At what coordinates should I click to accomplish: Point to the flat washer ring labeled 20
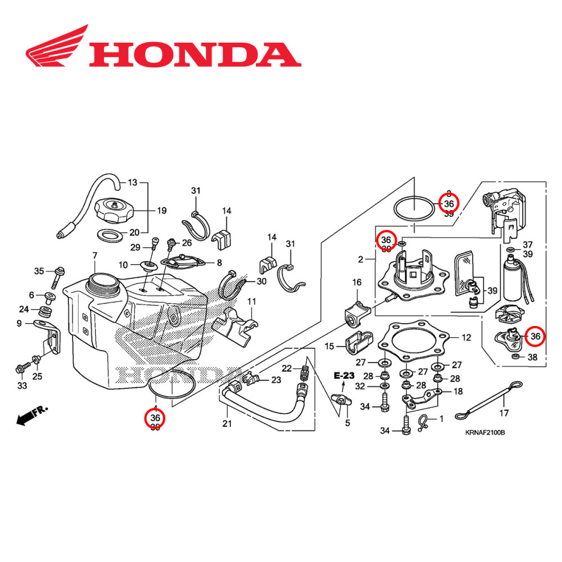click(x=110, y=233)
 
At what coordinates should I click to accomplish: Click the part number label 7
click(x=94, y=256)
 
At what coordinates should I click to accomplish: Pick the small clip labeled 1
click(x=427, y=419)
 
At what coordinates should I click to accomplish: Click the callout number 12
click(x=466, y=338)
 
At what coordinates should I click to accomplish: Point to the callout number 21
click(x=227, y=423)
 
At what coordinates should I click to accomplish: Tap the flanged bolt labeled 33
click(x=24, y=370)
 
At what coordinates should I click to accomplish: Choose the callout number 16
click(x=357, y=282)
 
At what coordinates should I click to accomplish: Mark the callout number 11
click(x=251, y=301)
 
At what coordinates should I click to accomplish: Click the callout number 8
click(x=219, y=262)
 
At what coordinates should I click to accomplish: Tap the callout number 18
click(x=458, y=391)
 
